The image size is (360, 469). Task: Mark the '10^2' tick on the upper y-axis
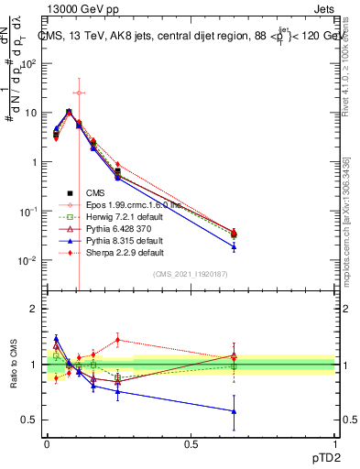[x=30, y=63]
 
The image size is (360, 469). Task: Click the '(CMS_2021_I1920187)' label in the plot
[x=191, y=274]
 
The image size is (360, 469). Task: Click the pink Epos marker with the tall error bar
[x=79, y=93]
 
